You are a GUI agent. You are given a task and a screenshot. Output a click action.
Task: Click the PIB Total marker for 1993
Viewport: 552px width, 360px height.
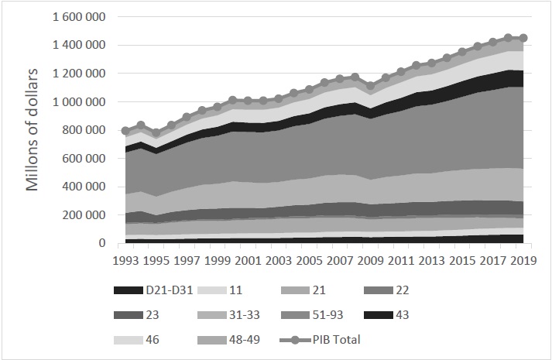tap(126, 131)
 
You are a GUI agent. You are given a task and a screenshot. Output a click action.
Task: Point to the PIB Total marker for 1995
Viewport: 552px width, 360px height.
tap(156, 133)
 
